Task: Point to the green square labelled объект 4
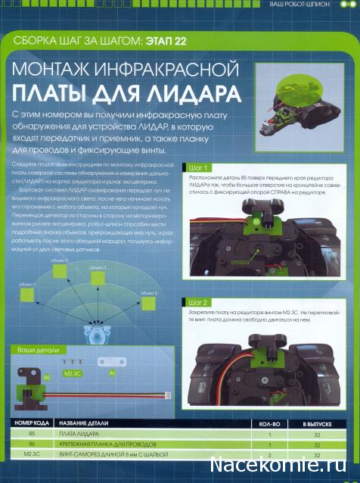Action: [151, 301]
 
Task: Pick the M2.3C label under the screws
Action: [73, 374]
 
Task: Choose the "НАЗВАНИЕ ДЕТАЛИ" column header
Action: [88, 425]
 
